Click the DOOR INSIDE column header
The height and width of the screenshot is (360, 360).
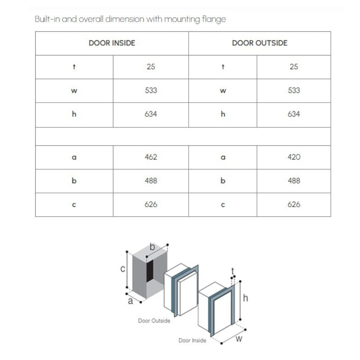click(112, 43)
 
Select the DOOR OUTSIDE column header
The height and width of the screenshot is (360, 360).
click(260, 43)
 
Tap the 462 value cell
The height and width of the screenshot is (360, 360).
click(151, 157)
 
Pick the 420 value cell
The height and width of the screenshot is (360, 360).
click(294, 157)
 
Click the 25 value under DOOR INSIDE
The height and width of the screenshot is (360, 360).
click(151, 67)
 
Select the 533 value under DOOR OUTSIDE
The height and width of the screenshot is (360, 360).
click(294, 90)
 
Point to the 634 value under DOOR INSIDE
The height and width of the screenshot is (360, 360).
click(151, 114)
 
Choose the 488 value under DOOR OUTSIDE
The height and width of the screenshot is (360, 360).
click(294, 181)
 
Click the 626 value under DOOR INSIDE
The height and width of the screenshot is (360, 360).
click(151, 204)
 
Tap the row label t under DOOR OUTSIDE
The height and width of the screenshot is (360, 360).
click(223, 67)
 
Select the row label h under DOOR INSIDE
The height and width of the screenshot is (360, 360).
click(74, 114)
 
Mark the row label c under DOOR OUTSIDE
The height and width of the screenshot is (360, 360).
click(223, 205)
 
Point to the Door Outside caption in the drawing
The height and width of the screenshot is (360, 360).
click(154, 321)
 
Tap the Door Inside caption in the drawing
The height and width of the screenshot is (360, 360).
click(192, 341)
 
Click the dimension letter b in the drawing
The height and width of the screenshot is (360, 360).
click(152, 247)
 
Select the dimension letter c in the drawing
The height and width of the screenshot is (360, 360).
click(123, 269)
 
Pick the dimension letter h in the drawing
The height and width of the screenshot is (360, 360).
click(246, 298)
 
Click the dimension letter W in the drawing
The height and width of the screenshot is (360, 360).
click(239, 339)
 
